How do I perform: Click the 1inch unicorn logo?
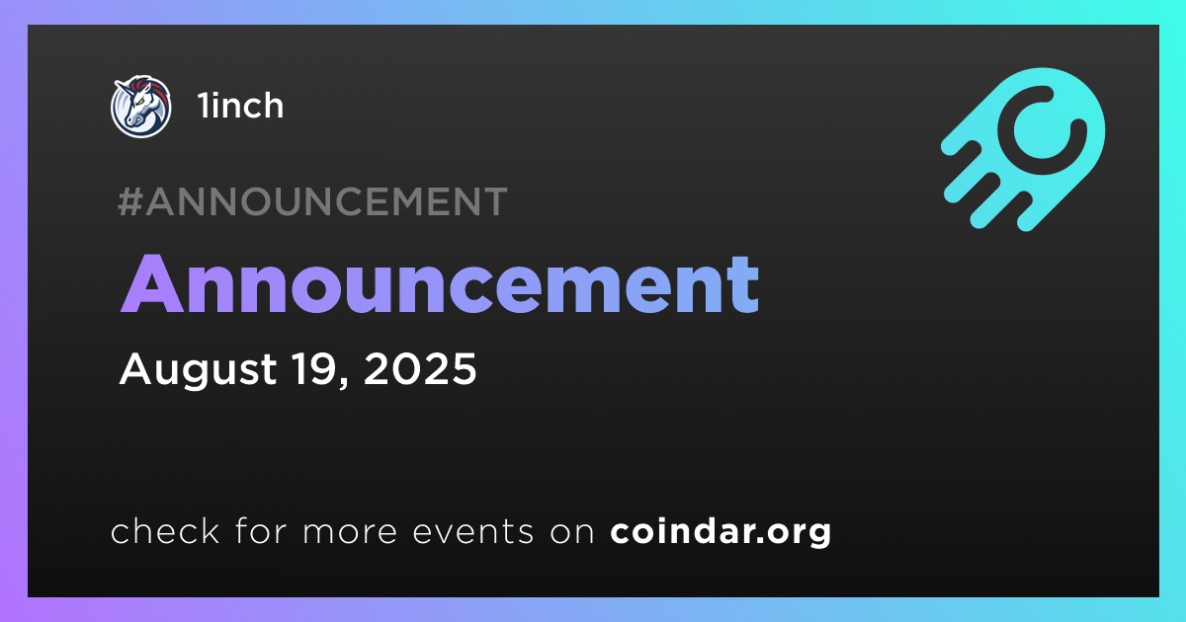coord(140,106)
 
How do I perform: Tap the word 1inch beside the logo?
coord(241,106)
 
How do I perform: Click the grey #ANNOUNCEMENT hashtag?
coord(312,201)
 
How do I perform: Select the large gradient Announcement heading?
coord(440,284)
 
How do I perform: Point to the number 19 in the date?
coord(315,368)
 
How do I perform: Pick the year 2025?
coord(420,368)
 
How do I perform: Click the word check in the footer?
coord(165,530)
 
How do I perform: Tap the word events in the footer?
coord(472,531)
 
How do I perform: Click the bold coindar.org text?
coord(720,532)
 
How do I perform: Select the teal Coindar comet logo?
coord(1024,149)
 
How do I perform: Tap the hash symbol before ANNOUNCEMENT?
coord(129,201)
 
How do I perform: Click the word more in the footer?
coord(350,531)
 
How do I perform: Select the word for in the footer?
coord(261,530)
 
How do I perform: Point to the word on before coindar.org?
coord(572,531)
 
